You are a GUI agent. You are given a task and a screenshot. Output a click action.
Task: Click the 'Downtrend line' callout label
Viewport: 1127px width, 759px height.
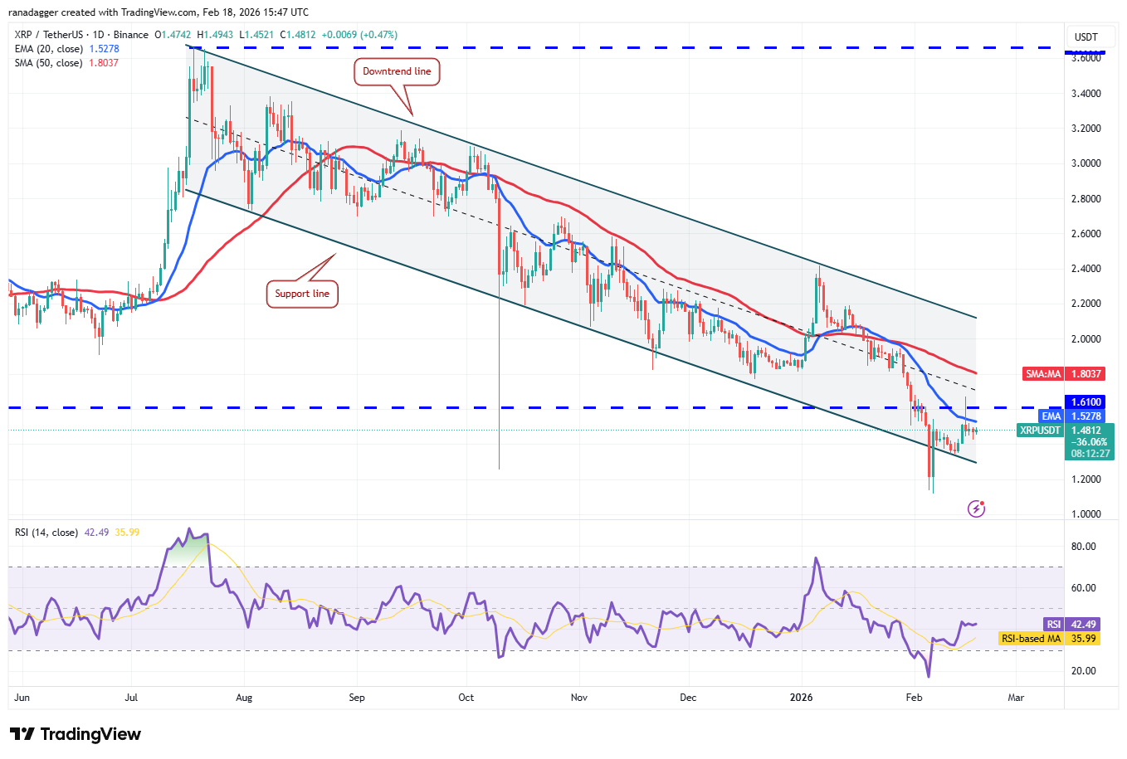pyautogui.click(x=397, y=71)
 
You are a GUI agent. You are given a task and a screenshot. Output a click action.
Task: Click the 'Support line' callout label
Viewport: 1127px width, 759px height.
pyautogui.click(x=302, y=294)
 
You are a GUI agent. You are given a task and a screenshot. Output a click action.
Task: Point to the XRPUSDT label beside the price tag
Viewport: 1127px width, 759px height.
pyautogui.click(x=1040, y=431)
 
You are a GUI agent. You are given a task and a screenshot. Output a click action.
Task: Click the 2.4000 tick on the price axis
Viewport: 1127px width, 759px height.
pyautogui.click(x=1086, y=269)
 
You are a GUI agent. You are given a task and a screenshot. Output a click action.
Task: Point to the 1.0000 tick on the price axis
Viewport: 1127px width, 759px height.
pyautogui.click(x=1086, y=514)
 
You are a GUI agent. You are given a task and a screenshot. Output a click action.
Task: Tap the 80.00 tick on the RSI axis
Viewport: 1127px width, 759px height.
pyautogui.click(x=1083, y=547)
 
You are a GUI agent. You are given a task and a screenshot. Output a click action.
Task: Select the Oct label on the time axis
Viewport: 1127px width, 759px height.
pyautogui.click(x=466, y=698)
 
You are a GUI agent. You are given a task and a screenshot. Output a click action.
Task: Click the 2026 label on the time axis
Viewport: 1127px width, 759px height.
pyautogui.click(x=802, y=698)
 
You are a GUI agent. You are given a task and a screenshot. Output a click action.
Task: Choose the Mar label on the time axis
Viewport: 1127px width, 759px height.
pyautogui.click(x=1016, y=698)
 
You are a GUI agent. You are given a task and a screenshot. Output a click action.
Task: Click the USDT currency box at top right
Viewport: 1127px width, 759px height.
pyautogui.click(x=1086, y=37)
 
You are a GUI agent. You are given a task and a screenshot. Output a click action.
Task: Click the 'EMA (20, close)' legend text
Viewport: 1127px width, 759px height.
pyautogui.click(x=49, y=49)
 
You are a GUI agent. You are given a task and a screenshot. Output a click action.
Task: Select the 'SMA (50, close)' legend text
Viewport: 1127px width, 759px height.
pyautogui.click(x=49, y=63)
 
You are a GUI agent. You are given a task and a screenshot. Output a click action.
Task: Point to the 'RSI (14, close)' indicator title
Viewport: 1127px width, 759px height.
pyautogui.click(x=46, y=533)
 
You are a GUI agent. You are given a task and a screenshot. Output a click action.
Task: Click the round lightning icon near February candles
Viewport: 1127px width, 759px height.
pyautogui.click(x=977, y=508)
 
